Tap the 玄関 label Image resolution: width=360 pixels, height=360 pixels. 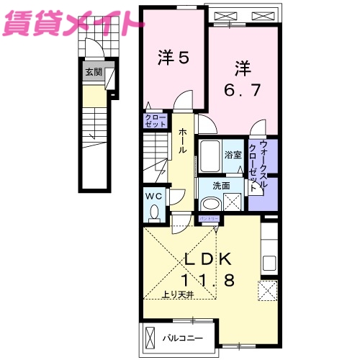[x=94, y=72]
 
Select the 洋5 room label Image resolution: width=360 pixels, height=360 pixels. [x=173, y=57]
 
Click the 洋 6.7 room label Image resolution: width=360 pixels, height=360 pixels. [x=241, y=81]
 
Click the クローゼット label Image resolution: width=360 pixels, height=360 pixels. [x=156, y=121]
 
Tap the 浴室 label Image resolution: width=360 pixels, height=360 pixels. [x=232, y=155]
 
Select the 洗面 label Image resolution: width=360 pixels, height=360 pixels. [x=221, y=185]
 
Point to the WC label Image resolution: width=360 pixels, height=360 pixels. [x=154, y=194]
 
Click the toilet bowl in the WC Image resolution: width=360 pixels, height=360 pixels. [x=154, y=212]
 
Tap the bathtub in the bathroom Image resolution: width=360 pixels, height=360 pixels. [x=210, y=155]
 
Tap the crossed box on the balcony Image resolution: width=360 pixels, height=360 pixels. [x=150, y=337]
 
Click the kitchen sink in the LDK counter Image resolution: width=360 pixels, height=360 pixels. [x=269, y=262]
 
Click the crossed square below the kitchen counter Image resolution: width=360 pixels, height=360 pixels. [x=268, y=290]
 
